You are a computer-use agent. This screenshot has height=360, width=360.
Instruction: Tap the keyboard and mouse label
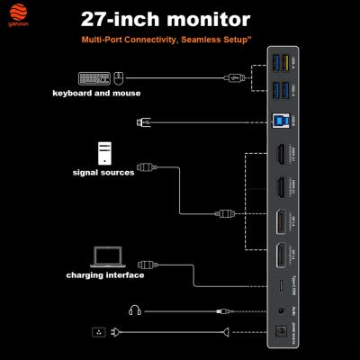(96, 93)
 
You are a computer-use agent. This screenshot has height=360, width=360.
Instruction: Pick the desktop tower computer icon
(104, 150)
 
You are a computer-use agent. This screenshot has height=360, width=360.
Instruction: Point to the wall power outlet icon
(100, 333)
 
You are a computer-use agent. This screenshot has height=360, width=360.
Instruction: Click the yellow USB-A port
(277, 61)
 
